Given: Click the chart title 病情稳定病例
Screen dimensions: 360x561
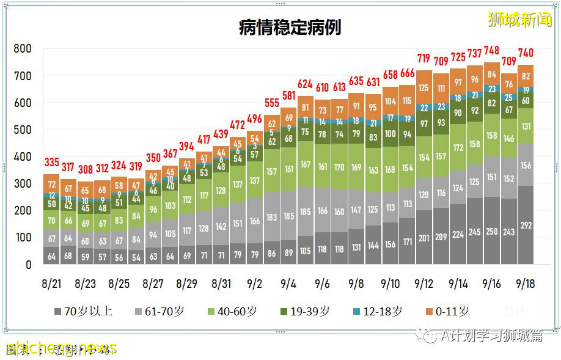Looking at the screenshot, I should point(290,28).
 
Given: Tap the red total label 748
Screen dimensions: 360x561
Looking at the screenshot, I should point(491,50).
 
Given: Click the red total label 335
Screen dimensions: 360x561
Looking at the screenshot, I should point(51,163).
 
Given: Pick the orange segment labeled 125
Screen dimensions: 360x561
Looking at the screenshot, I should point(424,88).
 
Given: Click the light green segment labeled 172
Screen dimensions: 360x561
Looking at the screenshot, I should point(458,147).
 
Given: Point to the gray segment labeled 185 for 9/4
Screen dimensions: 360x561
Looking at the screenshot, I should point(289,216).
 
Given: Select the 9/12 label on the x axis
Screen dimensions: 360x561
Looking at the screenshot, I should point(424,284).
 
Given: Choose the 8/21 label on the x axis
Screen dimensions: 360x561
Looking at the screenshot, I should point(51,284).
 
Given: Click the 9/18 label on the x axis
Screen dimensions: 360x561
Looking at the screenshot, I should point(526,284).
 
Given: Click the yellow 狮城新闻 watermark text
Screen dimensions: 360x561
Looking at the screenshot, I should point(519,20).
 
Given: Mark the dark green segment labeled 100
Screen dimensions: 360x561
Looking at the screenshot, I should point(389,134).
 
